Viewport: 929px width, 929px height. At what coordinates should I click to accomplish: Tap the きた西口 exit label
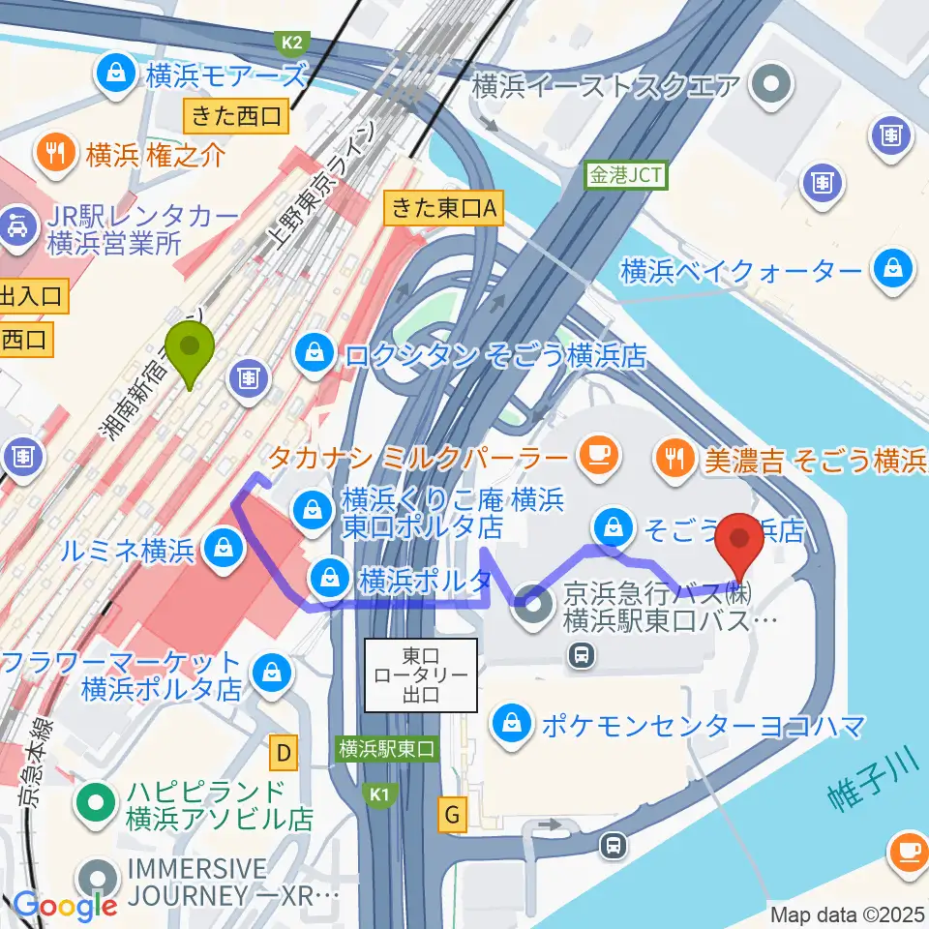(237, 117)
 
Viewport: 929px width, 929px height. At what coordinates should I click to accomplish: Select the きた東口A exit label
(444, 207)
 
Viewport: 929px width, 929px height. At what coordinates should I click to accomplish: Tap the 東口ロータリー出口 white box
(421, 674)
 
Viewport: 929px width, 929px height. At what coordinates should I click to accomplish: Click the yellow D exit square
(284, 750)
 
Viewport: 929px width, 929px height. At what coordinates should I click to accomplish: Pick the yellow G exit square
(452, 815)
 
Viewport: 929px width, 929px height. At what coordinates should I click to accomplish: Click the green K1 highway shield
(379, 794)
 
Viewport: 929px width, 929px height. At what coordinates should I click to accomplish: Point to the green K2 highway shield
(291, 43)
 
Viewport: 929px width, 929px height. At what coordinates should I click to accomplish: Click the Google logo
(66, 906)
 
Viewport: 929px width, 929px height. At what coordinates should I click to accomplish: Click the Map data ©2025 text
(848, 914)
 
